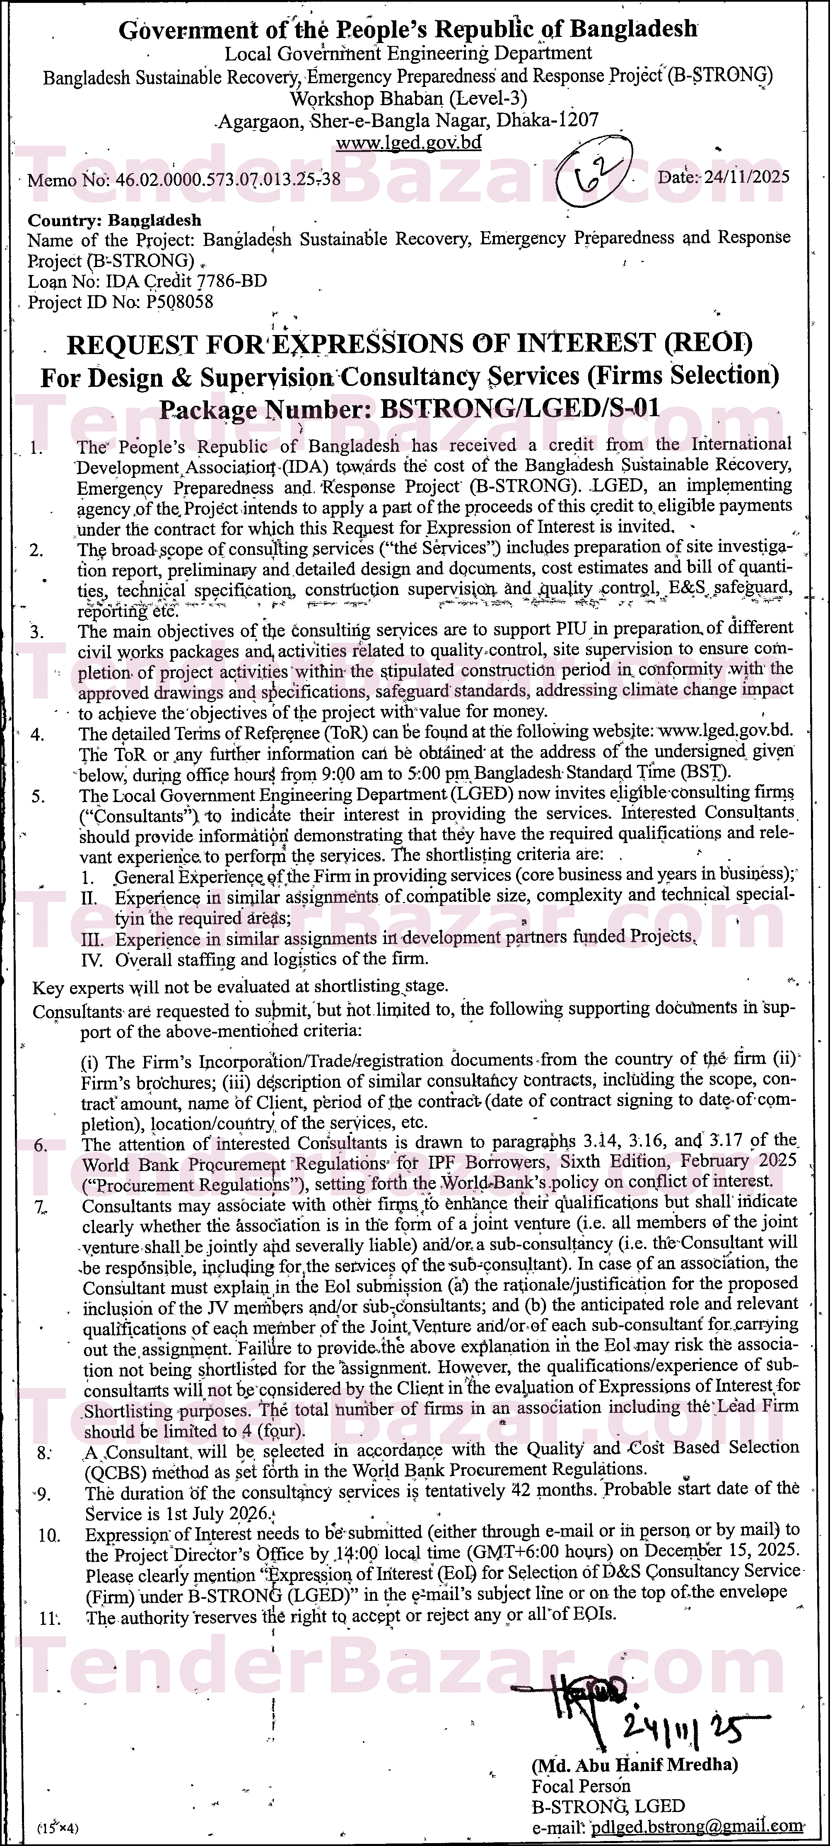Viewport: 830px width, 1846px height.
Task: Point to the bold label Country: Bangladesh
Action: point(115,220)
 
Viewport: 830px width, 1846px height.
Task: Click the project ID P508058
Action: point(179,302)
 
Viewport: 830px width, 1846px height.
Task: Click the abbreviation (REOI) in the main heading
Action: point(706,345)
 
